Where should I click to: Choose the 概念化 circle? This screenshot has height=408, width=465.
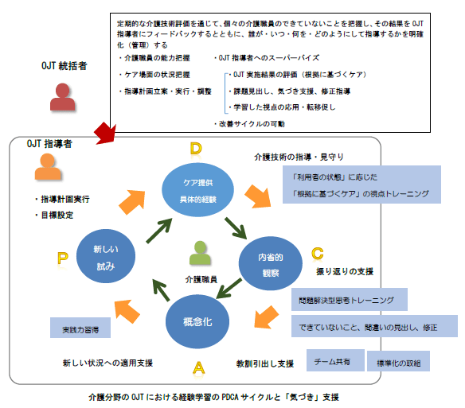(x=196, y=322)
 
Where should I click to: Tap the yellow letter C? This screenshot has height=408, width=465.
(x=317, y=253)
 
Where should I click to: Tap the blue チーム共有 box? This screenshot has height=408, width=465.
(x=334, y=359)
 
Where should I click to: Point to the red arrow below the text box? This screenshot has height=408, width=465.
(x=104, y=132)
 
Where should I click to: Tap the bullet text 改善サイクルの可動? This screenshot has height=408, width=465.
(x=252, y=123)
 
